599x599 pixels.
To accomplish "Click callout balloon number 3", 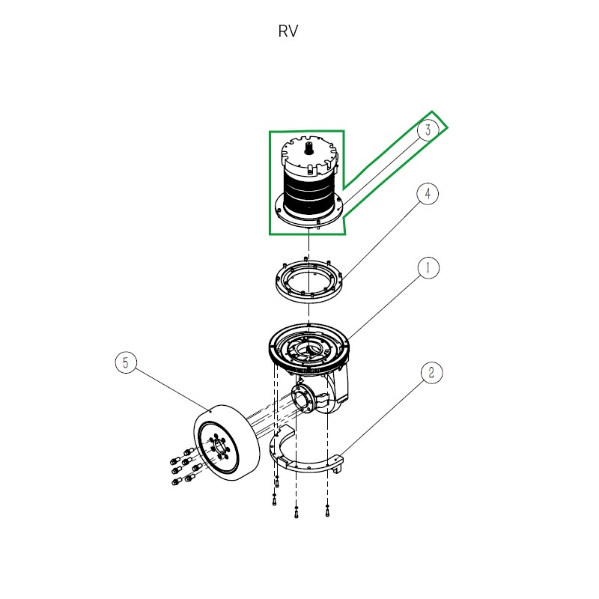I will click(x=428, y=130).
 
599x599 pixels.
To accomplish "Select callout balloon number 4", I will click(x=428, y=194).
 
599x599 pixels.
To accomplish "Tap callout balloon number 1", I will click(x=428, y=267).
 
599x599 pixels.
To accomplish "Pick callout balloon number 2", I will click(x=431, y=373).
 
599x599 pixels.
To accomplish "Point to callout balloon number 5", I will click(x=126, y=363).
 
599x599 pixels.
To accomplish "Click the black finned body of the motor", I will click(x=309, y=193).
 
